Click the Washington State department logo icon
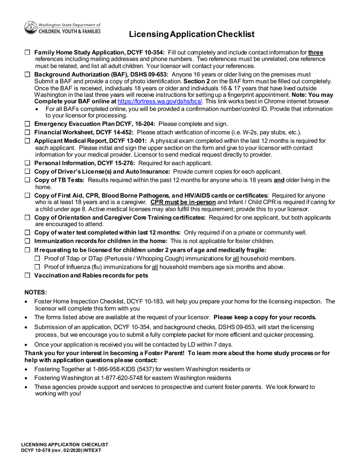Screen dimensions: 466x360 (x=31, y=28)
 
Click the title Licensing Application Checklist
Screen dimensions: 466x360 (x=191, y=34)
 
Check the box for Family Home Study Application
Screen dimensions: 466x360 (x=27, y=53)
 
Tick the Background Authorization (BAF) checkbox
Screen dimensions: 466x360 (x=27, y=75)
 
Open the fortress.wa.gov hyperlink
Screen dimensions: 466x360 (x=160, y=102)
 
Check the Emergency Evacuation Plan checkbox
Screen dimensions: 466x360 (x=27, y=124)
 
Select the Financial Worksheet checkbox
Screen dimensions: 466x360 (x=27, y=132)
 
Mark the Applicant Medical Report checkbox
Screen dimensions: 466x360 (x=27, y=141)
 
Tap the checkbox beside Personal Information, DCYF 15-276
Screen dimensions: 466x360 (x=27, y=163)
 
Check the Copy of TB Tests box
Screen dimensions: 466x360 (x=27, y=180)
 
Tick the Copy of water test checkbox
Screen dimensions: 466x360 (x=27, y=233)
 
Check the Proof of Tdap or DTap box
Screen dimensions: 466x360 (x=37, y=258)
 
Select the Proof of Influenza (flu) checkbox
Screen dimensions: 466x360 (x=37, y=267)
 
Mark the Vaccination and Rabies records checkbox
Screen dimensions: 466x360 (x=27, y=275)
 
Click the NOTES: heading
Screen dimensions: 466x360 (x=36, y=292)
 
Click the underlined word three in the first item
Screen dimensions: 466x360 (x=316, y=53)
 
